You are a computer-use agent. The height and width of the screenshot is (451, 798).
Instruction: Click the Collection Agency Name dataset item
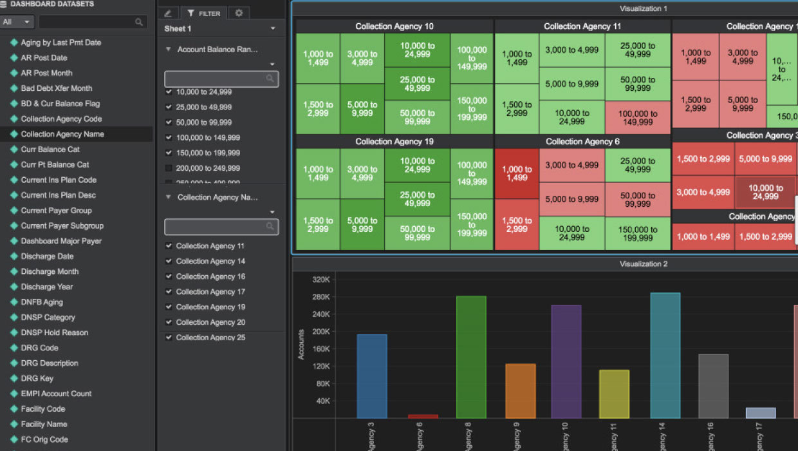(62, 134)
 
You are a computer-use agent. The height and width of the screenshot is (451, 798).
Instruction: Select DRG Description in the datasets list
(49, 363)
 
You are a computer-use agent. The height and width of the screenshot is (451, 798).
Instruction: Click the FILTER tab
(203, 13)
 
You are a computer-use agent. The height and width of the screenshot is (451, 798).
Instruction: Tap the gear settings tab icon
(239, 13)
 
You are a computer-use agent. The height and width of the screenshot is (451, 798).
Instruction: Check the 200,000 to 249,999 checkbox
(169, 168)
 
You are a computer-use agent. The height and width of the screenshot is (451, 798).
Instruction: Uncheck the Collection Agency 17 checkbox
(169, 292)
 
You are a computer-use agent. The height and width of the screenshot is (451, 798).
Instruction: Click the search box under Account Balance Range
(221, 79)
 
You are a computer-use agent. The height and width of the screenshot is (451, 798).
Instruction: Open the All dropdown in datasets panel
(17, 22)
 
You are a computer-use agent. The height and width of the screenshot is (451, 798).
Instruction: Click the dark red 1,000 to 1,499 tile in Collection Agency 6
(516, 174)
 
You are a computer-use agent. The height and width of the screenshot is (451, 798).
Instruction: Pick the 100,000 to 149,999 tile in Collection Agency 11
(638, 118)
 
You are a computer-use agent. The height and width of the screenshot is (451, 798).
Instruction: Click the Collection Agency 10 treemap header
(394, 26)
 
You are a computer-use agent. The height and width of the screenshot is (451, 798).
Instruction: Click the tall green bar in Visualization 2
(471, 357)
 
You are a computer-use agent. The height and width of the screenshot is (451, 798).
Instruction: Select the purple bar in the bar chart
(566, 361)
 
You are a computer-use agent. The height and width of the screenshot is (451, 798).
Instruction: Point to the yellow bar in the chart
(614, 394)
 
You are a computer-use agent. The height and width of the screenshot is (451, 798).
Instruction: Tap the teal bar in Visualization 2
(665, 355)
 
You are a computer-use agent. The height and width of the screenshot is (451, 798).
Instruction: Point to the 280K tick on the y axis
(320, 297)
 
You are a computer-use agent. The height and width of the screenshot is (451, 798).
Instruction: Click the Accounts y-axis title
(301, 344)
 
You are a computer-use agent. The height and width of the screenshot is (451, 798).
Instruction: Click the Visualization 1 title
(643, 9)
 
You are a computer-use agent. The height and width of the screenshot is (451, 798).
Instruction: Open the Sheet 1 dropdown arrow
(273, 29)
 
